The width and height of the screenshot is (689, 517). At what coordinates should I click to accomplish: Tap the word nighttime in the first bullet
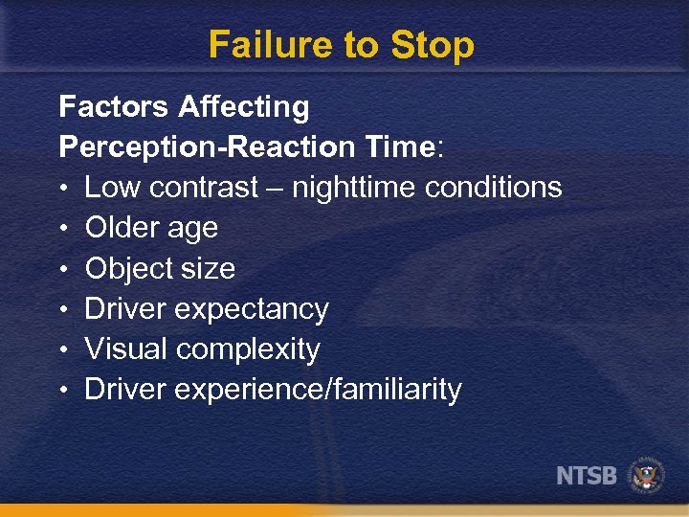point(352,188)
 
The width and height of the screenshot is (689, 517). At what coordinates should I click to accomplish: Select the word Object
point(127,269)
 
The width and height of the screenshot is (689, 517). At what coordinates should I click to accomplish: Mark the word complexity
point(248,349)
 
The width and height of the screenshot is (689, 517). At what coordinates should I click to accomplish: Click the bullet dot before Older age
point(64,229)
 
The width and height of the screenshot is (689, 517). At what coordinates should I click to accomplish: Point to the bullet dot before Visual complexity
point(64,350)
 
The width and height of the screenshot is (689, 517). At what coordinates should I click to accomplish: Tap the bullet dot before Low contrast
point(64,189)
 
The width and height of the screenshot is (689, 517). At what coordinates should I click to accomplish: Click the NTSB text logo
point(587,476)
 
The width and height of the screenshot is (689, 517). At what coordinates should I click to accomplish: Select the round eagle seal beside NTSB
point(646,475)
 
